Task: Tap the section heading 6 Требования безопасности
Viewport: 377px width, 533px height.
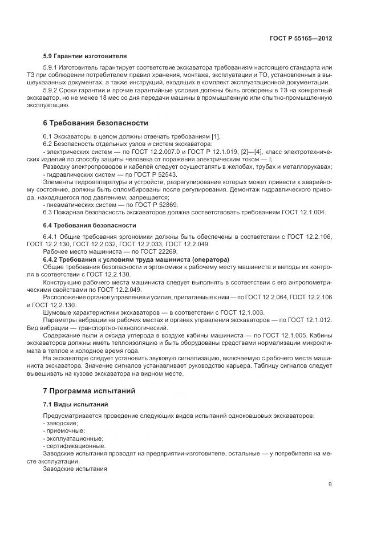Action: [96, 123]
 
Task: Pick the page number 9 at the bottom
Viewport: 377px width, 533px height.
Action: [330, 485]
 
